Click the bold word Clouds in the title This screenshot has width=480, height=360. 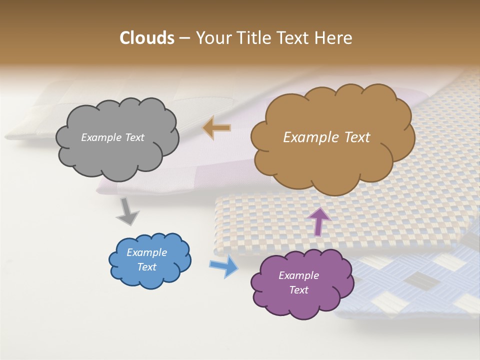click(147, 38)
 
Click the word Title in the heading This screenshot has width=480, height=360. click(254, 38)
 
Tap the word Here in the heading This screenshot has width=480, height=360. click(334, 38)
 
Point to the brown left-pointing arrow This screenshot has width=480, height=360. click(216, 128)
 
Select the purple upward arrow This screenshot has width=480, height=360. click(319, 221)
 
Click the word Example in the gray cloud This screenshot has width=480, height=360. click(101, 137)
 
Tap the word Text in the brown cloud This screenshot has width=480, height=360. click(353, 137)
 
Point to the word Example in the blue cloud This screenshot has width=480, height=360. click(147, 252)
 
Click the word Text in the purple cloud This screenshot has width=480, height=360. click(299, 290)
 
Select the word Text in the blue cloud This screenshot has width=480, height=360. click(147, 267)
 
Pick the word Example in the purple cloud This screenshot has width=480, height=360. click(299, 275)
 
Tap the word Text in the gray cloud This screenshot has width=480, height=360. click(133, 137)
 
